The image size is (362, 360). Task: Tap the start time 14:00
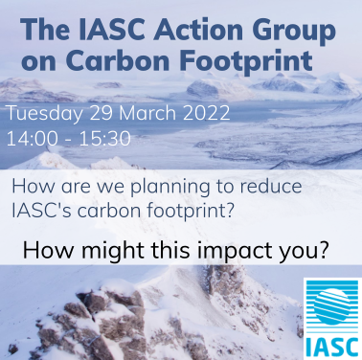pyautogui.click(x=30, y=138)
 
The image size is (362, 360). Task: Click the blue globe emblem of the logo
pyautogui.click(x=330, y=304)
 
